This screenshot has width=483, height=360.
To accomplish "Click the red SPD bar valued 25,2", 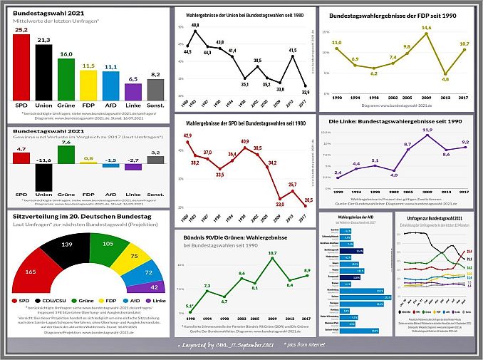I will point(21,67).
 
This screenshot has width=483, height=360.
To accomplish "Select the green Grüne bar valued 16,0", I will point(66,79).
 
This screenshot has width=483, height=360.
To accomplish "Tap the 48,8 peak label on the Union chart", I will point(195,26).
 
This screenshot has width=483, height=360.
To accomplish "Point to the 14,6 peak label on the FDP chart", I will point(426,28).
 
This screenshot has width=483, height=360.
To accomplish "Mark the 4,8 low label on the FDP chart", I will point(446,79).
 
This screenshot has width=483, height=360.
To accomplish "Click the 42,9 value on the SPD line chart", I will point(188,135).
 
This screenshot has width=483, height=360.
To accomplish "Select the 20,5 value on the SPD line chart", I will point(308,200).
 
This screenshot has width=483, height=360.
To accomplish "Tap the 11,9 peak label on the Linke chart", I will point(427,130).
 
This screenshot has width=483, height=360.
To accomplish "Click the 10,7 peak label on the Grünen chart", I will point(271,253).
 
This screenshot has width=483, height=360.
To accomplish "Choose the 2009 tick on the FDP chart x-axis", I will point(426,97).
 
